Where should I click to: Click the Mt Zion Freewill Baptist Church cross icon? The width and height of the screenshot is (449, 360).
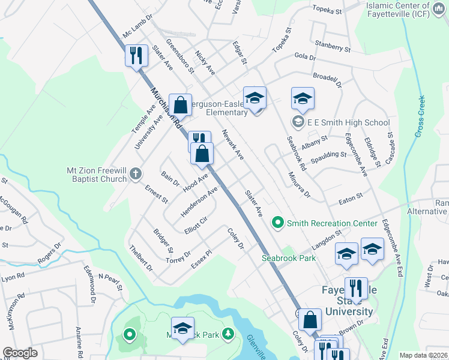136,175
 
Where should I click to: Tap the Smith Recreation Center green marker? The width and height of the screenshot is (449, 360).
277,223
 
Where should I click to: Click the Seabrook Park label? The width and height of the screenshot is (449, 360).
289,258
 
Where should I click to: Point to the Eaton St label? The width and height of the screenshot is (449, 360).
351,196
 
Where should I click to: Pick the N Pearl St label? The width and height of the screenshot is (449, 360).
110,281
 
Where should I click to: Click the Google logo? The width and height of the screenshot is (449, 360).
20,353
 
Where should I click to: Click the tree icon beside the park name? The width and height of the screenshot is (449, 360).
228,334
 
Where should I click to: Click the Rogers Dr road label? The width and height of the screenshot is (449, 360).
50,257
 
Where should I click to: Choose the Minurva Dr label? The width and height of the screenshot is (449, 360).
298,185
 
